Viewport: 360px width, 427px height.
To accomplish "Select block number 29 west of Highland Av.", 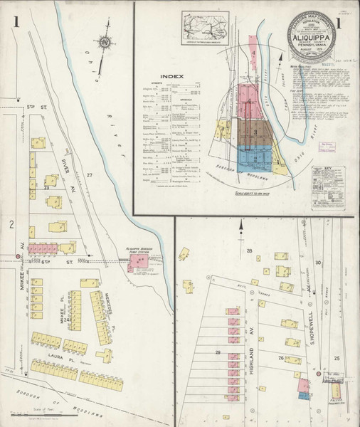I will (x=218, y=353).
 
